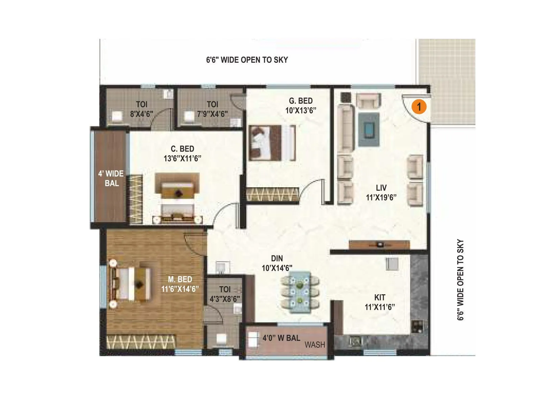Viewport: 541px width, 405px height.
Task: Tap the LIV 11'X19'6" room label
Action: (381, 193)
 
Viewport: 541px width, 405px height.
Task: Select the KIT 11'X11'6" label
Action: (380, 302)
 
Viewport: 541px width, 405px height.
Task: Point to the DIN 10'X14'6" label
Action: (277, 263)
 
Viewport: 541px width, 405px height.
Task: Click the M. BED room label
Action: (180, 284)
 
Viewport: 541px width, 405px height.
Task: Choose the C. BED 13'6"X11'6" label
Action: (182, 154)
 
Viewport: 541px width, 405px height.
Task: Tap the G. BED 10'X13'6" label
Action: (301, 105)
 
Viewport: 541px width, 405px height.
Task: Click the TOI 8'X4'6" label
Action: (142, 109)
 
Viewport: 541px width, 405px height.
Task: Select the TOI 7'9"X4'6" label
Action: (212, 109)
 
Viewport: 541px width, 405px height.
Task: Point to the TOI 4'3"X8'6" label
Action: (225, 294)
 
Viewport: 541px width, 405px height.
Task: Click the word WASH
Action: (314, 345)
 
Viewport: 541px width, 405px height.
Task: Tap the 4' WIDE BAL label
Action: (111, 178)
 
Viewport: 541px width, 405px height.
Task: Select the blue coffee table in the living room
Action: (369, 129)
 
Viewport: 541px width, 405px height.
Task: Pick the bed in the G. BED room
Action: (270, 142)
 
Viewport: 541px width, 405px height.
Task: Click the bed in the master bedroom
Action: (131, 283)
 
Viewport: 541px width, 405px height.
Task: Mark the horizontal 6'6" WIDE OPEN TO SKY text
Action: (247, 60)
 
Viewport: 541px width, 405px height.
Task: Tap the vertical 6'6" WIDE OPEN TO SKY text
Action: (460, 280)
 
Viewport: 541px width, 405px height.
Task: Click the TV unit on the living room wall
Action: (379, 244)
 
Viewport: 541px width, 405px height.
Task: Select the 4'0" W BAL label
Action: (281, 338)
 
